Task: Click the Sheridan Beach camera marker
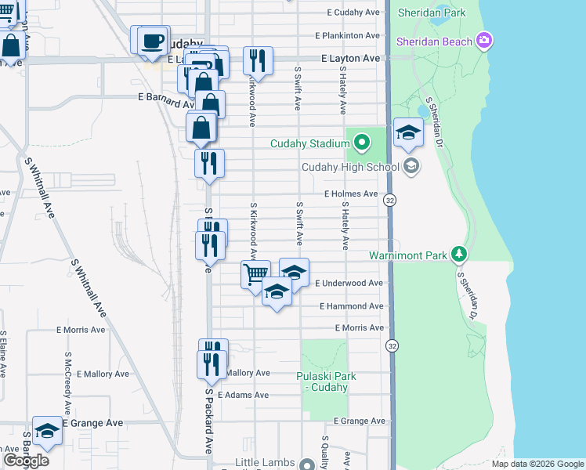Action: (484, 41)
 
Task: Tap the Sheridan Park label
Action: (431, 13)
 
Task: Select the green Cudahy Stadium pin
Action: (360, 143)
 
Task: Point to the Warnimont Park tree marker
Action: (459, 255)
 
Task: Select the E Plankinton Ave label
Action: (348, 36)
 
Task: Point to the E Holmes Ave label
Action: (351, 193)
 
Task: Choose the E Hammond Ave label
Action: (351, 306)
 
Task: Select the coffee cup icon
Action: (154, 40)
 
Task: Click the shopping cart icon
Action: (255, 275)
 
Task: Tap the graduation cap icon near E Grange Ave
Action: (47, 430)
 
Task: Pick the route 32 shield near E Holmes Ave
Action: (389, 201)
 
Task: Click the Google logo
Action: (26, 461)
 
